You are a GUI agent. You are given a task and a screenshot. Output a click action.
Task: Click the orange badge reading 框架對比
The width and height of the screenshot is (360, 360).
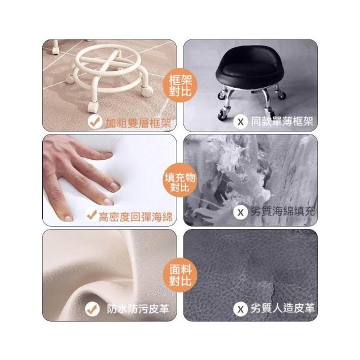tap(180, 85)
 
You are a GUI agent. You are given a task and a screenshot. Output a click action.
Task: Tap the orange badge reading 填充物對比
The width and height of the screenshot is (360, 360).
tap(180, 180)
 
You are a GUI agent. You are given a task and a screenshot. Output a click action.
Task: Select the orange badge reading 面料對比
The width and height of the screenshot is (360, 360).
tap(180, 275)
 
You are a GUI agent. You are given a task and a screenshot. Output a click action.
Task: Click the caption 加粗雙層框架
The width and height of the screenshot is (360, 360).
tap(138, 123)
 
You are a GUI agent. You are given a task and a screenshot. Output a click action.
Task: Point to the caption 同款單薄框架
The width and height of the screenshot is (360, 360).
tap(282, 121)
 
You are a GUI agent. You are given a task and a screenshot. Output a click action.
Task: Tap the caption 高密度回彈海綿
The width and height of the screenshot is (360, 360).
tap(136, 217)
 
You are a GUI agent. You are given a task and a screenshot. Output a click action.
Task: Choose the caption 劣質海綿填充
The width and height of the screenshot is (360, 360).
tap(282, 211)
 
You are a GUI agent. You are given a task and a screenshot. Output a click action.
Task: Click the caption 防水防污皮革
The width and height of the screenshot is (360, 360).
tap(138, 309)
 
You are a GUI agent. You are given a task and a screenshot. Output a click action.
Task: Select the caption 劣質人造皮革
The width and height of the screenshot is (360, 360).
tap(282, 308)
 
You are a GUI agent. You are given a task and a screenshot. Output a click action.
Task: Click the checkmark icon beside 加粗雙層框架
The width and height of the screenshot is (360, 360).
tap(95, 122)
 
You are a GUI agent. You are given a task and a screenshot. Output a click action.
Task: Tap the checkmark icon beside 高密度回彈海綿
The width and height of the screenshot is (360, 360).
tap(92, 215)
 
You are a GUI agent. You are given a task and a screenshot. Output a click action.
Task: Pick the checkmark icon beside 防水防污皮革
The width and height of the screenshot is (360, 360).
tap(92, 309)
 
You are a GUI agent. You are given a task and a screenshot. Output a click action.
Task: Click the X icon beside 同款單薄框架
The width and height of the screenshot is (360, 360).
tap(241, 121)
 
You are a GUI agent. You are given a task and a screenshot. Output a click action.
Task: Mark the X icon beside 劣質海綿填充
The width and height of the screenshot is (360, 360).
tap(241, 212)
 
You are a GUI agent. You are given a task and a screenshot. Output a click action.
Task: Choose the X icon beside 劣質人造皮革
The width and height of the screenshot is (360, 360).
tap(241, 309)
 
